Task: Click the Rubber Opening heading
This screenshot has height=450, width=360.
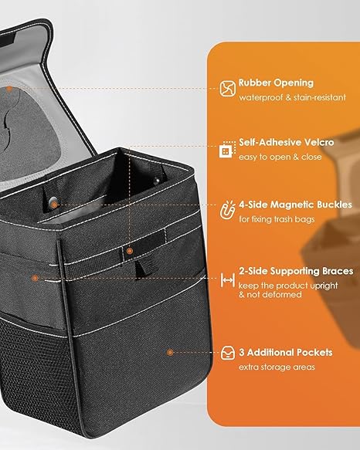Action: pos(276,83)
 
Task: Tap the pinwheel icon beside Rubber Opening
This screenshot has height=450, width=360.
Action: pos(228,88)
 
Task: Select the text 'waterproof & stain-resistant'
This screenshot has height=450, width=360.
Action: pos(293,97)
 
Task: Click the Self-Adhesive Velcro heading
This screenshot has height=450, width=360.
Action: pos(287,142)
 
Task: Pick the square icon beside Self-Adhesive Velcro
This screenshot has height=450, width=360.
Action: pos(228,150)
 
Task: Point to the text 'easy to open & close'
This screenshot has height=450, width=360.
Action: pos(280,157)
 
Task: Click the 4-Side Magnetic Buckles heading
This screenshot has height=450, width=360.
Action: pos(295,205)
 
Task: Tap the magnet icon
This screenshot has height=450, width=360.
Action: pos(228,210)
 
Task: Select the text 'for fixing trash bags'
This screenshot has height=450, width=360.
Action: pos(277,219)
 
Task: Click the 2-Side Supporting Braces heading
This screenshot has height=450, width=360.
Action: pos(296,271)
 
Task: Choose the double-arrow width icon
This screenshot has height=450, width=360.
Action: pos(228,280)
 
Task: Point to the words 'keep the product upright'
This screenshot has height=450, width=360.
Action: pos(288,286)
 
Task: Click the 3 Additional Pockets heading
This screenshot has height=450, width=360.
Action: pos(286,353)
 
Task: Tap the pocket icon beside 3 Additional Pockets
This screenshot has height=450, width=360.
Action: pos(228,353)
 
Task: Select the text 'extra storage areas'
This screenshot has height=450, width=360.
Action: pos(277,367)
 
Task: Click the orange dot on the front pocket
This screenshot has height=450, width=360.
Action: pos(170,352)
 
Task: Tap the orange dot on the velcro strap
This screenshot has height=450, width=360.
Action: pos(130,251)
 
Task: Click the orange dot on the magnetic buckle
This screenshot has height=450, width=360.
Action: pos(54,205)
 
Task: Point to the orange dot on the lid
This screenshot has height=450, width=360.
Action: pos(9,89)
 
